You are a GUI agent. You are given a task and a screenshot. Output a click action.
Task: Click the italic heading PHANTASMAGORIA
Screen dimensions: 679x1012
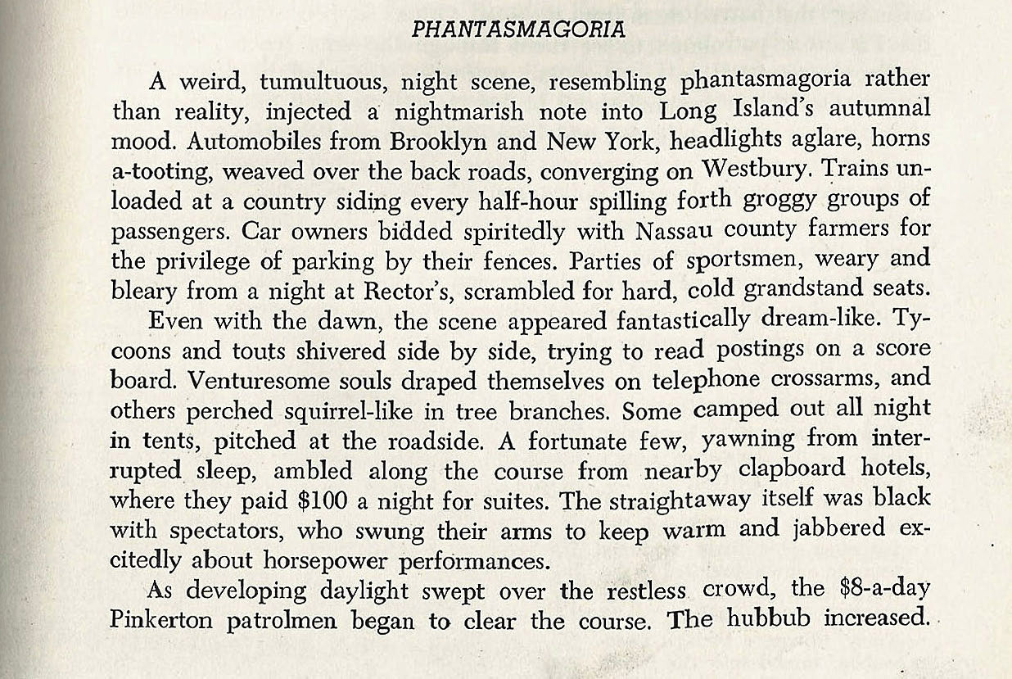518,29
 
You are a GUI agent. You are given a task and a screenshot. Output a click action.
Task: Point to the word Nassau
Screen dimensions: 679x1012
708,232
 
